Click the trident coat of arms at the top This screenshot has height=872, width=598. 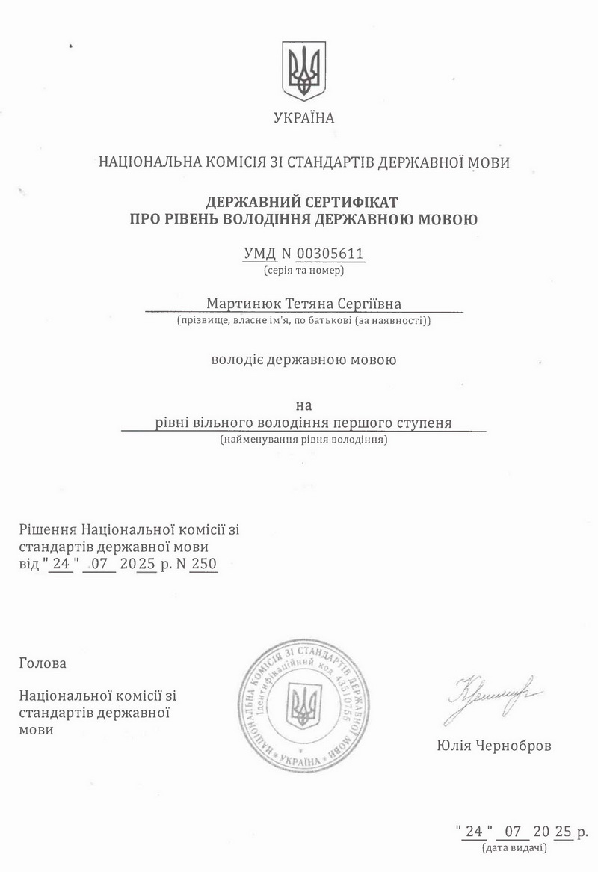[x=303, y=71]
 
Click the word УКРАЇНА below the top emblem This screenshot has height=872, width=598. [x=304, y=117]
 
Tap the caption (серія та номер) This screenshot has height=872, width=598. [x=303, y=270]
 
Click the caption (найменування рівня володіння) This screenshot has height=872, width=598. [x=303, y=440]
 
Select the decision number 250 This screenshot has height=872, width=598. [x=203, y=565]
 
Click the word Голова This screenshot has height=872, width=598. [x=43, y=663]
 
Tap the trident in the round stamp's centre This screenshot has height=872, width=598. [x=303, y=705]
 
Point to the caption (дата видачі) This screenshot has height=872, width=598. [x=515, y=848]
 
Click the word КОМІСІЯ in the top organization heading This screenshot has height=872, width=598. [x=236, y=162]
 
